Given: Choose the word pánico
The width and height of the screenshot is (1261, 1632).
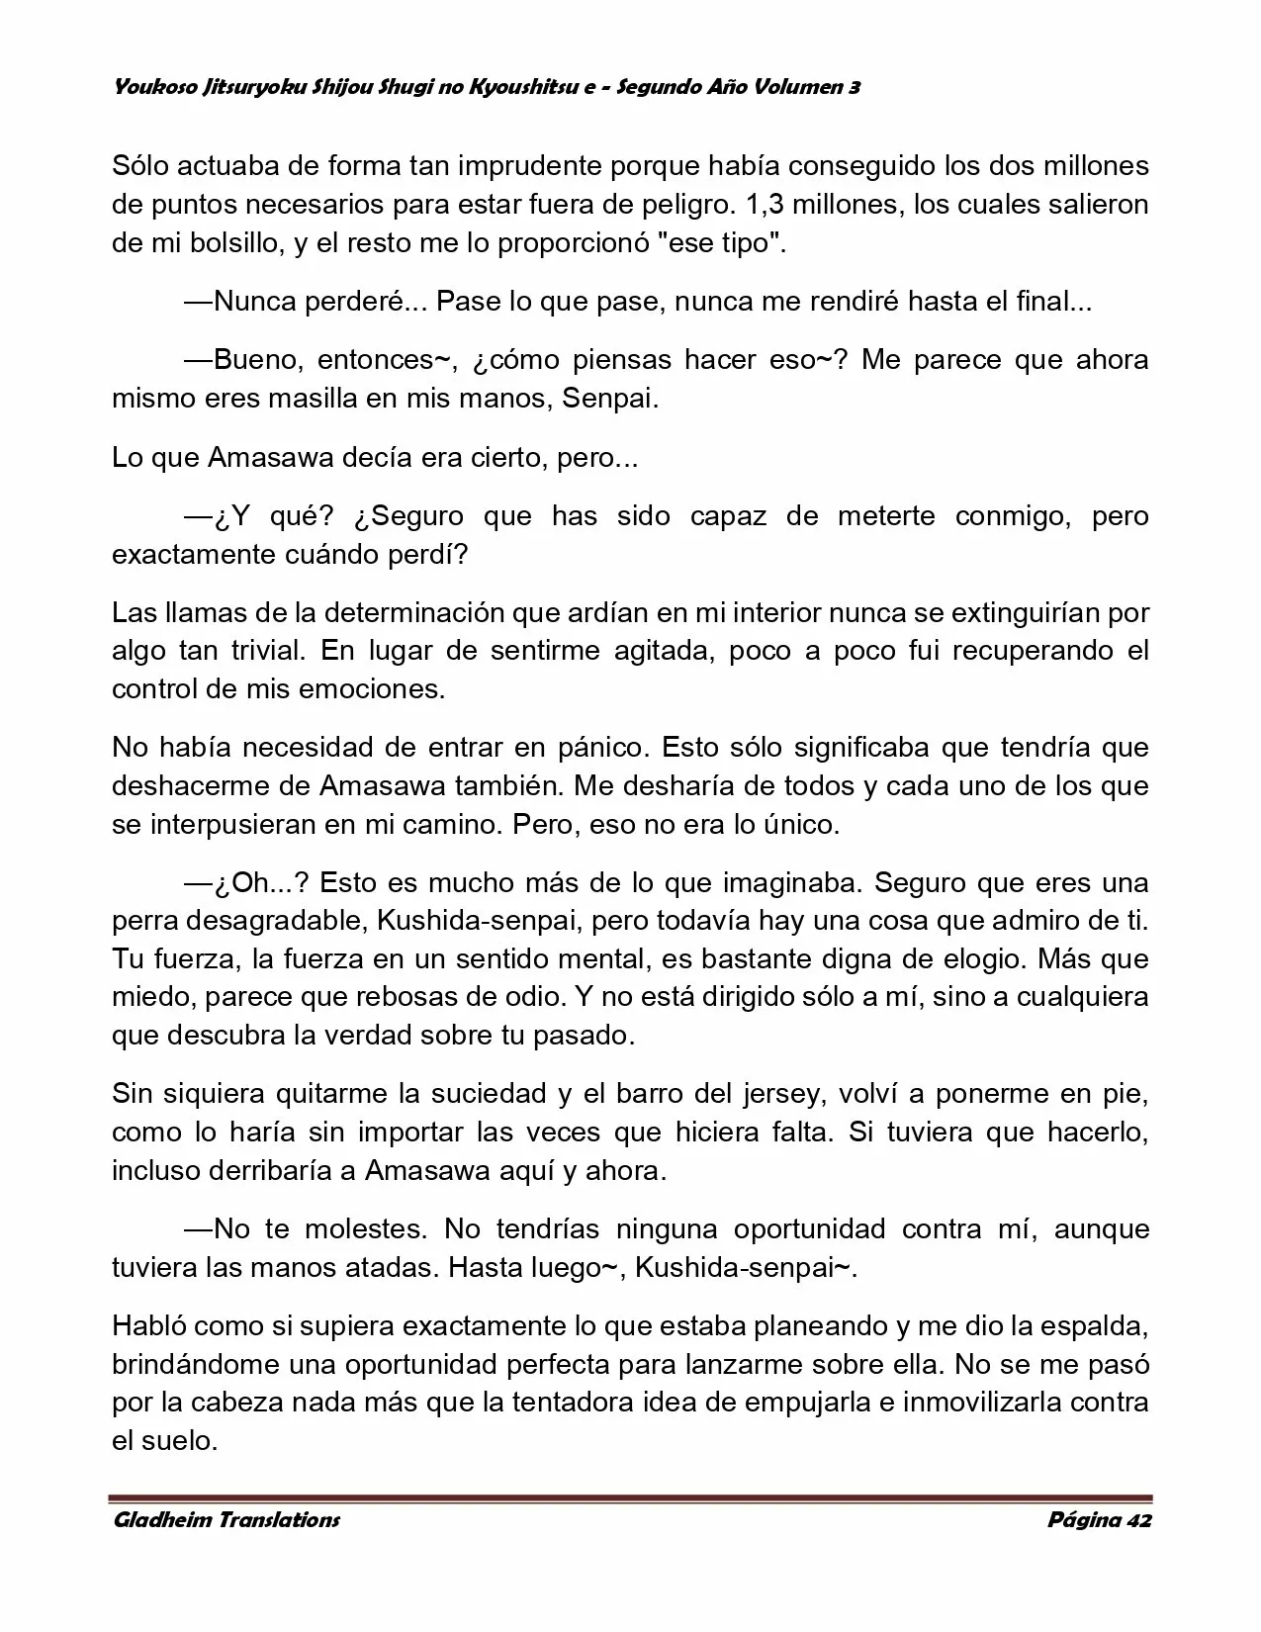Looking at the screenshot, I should pos(603,747).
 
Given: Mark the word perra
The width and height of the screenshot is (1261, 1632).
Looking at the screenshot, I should pos(141,921).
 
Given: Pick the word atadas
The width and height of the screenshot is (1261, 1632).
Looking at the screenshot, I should pos(387,1268).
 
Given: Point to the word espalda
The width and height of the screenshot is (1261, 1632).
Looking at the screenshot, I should pos(1089,1326).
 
